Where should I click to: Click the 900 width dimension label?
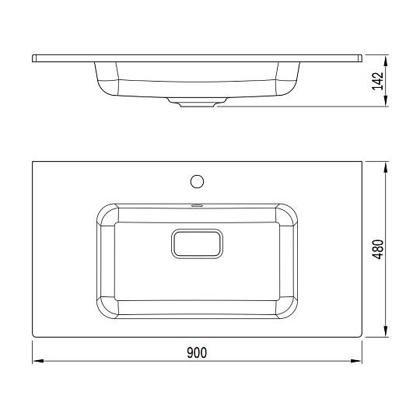pos(197,353)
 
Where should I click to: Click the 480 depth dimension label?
pos(378,249)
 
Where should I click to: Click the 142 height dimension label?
pos(378,81)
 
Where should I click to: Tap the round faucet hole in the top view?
pos(197,181)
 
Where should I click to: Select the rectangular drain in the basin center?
pos(197,243)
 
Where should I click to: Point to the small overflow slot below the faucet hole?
pos(197,205)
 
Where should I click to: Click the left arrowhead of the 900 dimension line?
pos(38,361)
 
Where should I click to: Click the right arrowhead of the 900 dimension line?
pos(356,361)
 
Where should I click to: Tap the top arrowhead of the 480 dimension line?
pos(386,167)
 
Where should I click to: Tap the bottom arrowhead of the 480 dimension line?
pos(386,331)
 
